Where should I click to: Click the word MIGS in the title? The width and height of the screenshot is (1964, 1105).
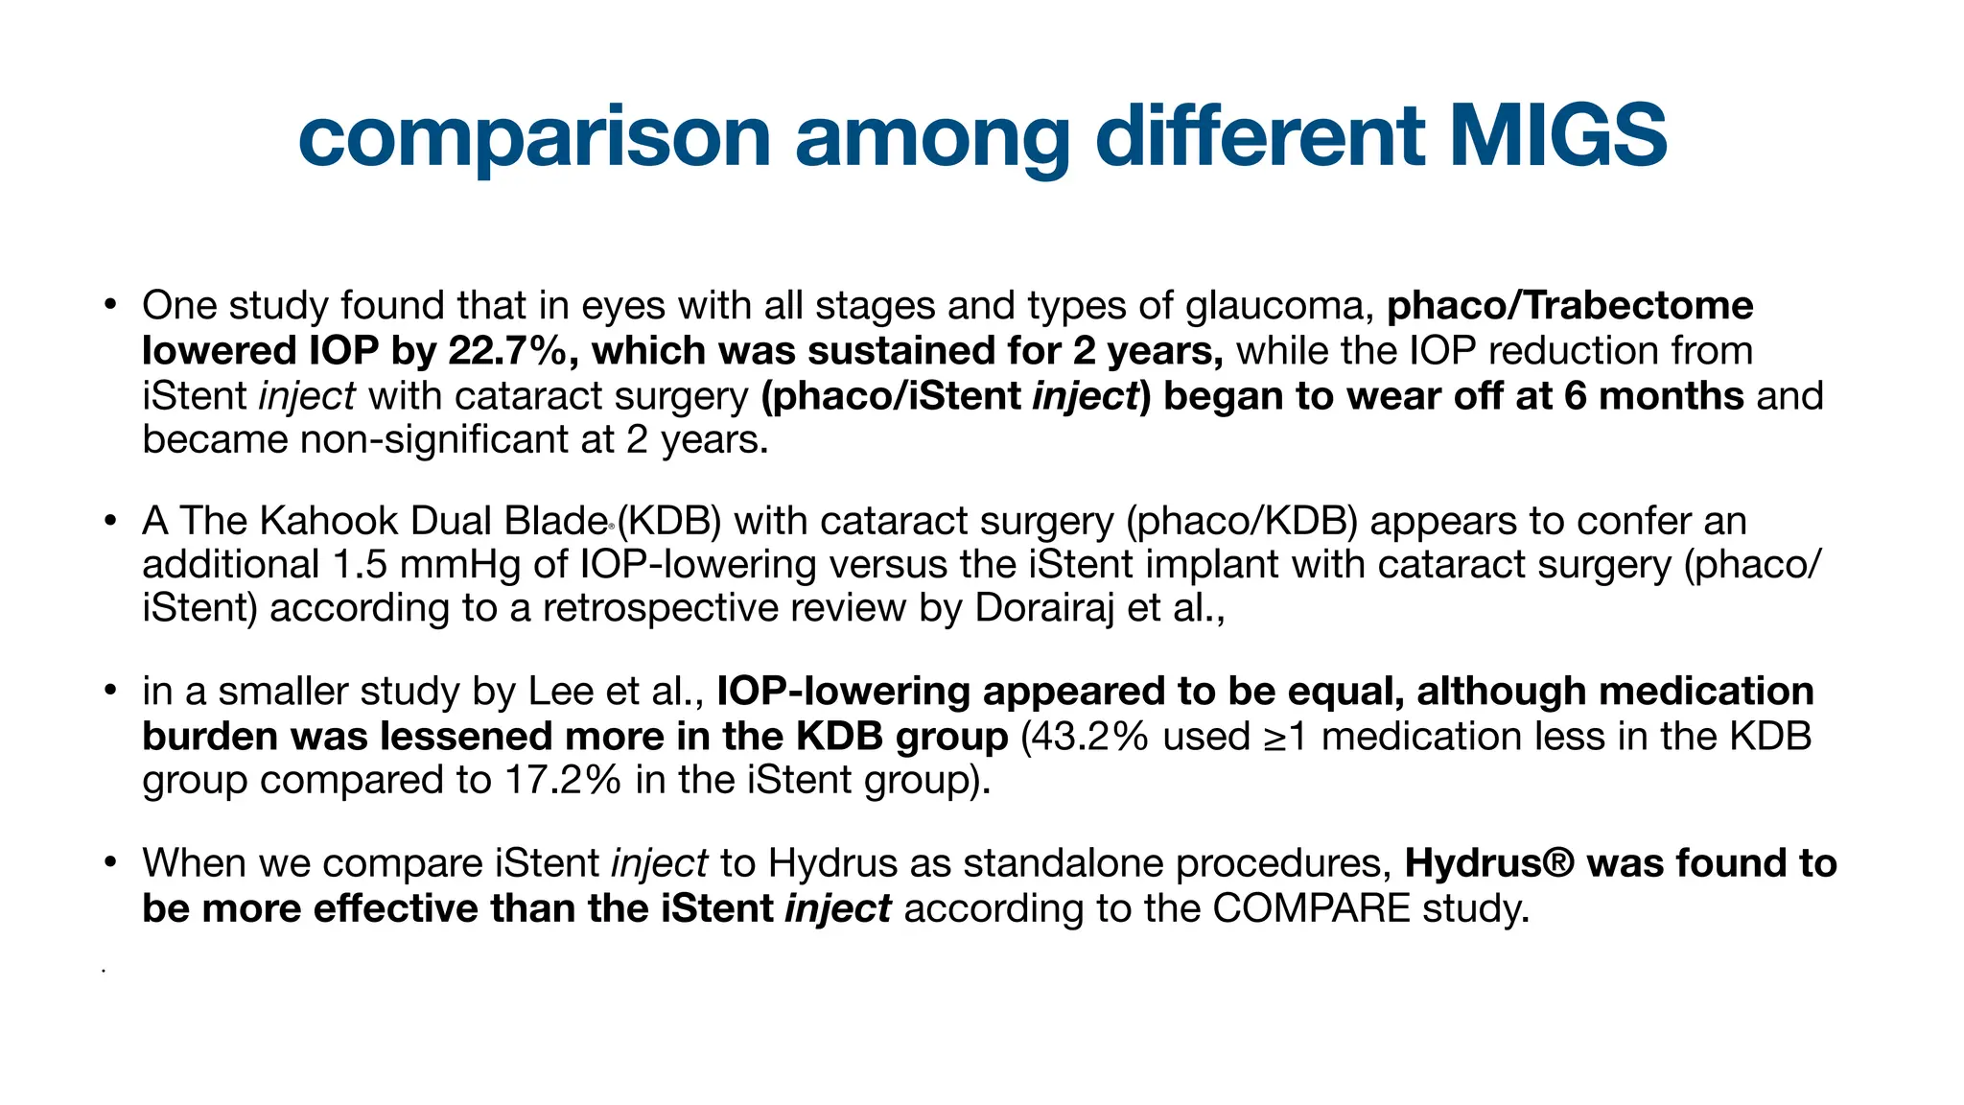point(1557,136)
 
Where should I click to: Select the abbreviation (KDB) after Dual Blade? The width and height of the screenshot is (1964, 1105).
point(668,521)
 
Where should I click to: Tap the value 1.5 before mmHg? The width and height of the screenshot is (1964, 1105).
point(360,564)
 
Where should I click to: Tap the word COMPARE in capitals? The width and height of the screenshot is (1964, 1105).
point(1311,907)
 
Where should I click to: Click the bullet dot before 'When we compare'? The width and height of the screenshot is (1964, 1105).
point(111,862)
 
